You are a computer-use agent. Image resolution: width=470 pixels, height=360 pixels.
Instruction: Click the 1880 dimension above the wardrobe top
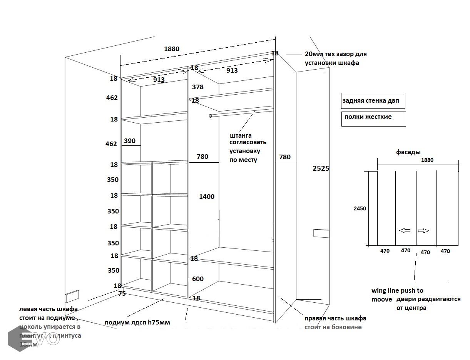[172, 49]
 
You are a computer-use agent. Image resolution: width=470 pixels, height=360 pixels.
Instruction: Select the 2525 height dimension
[321, 168]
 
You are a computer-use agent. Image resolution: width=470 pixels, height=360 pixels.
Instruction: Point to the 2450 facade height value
[360, 208]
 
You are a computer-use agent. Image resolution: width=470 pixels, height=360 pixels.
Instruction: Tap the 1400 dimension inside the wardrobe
[207, 197]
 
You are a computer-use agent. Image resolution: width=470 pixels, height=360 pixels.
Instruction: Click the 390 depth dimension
[130, 141]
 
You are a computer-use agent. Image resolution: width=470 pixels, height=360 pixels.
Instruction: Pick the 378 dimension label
[197, 87]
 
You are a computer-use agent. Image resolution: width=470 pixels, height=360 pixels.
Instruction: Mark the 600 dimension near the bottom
[197, 279]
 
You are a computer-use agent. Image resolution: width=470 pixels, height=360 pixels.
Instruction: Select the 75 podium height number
[122, 293]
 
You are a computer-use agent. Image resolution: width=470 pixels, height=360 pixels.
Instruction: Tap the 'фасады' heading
[408, 152]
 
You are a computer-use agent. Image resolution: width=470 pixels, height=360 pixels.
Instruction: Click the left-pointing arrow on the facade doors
[405, 231]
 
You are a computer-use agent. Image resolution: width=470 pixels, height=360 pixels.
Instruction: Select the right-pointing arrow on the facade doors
[423, 231]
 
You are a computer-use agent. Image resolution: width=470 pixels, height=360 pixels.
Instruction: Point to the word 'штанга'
[241, 135]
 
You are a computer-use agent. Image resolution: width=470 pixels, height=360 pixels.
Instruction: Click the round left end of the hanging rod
[211, 116]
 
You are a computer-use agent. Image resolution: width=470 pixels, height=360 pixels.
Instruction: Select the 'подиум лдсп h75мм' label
[137, 322]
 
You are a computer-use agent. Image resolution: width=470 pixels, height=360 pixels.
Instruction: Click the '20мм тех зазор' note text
[335, 58]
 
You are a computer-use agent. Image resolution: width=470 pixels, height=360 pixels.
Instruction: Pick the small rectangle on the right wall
[321, 233]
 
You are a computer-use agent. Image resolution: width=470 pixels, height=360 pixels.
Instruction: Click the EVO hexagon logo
[18, 338]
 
